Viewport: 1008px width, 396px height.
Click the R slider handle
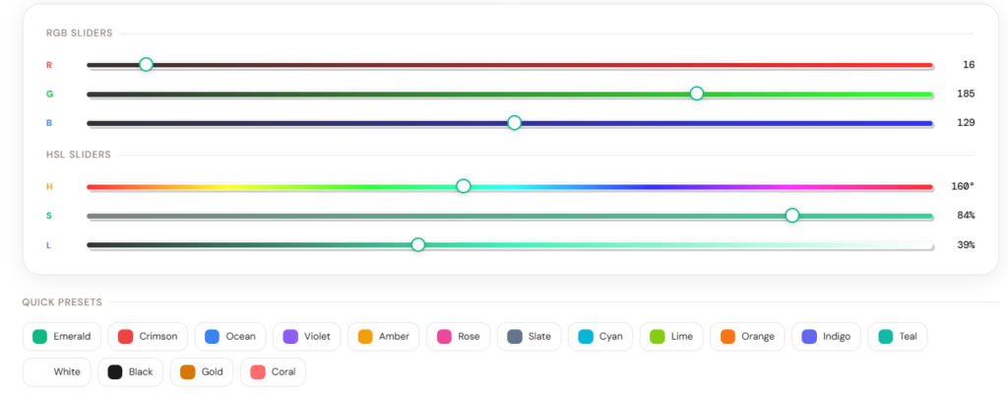(x=146, y=64)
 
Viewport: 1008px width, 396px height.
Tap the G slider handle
(x=696, y=94)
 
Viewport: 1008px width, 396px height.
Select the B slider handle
(x=514, y=123)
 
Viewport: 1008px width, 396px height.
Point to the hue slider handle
(x=463, y=186)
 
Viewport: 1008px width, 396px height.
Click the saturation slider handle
(x=792, y=216)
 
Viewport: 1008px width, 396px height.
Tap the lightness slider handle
(x=417, y=244)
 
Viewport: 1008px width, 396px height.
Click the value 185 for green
(x=966, y=94)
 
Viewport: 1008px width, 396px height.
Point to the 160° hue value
(x=963, y=187)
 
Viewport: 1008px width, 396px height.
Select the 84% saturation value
(x=966, y=216)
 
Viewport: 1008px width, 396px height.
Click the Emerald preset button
(x=62, y=336)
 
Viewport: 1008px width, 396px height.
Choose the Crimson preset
(x=148, y=336)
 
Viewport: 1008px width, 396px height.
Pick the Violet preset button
(x=307, y=336)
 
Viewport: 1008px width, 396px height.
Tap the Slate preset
(x=529, y=336)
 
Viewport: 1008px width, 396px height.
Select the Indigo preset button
(x=826, y=336)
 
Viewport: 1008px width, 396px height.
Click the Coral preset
(x=274, y=372)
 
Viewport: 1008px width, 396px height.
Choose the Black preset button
(x=131, y=372)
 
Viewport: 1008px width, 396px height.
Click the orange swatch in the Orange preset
(x=727, y=336)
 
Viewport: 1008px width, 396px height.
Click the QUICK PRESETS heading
(x=62, y=302)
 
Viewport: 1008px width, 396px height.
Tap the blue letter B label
(x=49, y=123)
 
